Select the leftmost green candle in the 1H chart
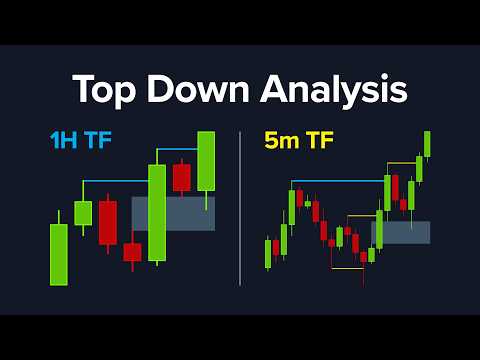[x=59, y=254]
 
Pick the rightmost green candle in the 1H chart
[x=206, y=162]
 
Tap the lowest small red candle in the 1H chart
[x=132, y=252]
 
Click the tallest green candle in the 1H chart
[x=157, y=212]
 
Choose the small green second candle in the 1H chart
[x=83, y=212]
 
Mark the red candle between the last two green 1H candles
[x=181, y=177]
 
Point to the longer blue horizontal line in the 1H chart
[x=115, y=181]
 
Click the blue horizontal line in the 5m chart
[x=335, y=181]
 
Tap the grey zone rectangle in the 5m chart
[x=400, y=232]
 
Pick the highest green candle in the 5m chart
[x=427, y=144]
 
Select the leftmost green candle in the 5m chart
[x=268, y=253]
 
